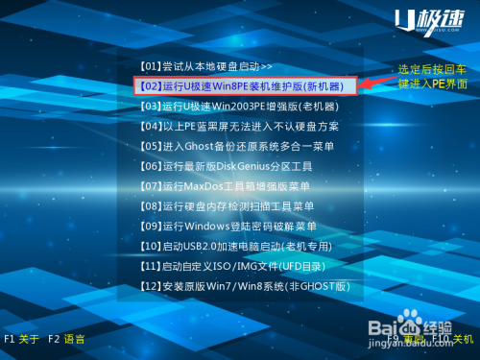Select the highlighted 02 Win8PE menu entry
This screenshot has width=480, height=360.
pos(246,85)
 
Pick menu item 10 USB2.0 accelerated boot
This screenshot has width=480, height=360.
pos(240,247)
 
